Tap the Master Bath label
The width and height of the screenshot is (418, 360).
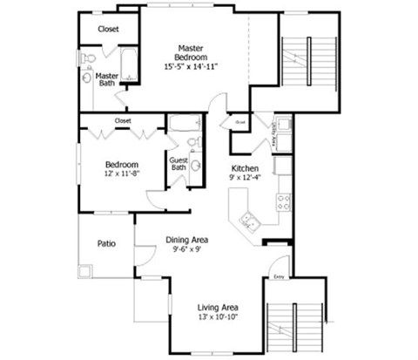pos(107,79)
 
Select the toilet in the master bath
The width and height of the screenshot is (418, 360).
pos(88,58)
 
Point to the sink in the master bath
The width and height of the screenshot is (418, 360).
pos(88,78)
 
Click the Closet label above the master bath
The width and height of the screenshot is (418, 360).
pos(108,29)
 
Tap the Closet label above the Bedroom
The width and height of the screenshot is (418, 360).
pos(123,120)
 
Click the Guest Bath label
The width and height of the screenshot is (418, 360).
pos(178,163)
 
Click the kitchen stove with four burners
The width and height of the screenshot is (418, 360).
pos(284,202)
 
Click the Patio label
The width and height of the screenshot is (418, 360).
pos(106,244)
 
